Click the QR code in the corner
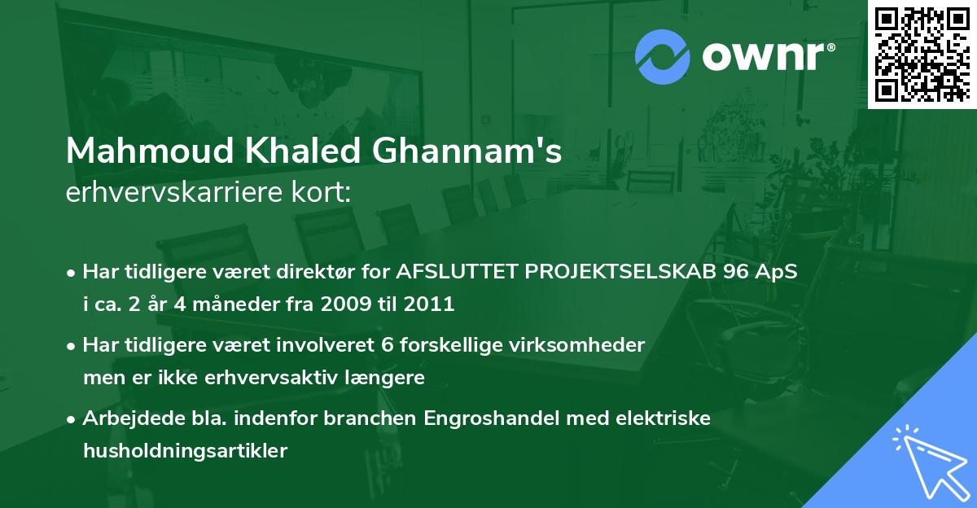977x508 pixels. pos(922,54)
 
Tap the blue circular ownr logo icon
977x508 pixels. pos(662,57)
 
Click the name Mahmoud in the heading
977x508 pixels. pos(150,151)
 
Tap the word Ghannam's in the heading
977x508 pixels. pos(467,151)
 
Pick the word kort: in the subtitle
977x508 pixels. pos(321,192)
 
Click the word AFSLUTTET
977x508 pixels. pos(457,271)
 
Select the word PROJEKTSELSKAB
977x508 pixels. pos(620,271)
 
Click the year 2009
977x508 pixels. pos(346,304)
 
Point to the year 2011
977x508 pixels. pos(429,304)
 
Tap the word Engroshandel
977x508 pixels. pos(492,418)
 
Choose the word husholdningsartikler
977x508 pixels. pos(186,451)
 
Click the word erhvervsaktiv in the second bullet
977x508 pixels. pos(271,378)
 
